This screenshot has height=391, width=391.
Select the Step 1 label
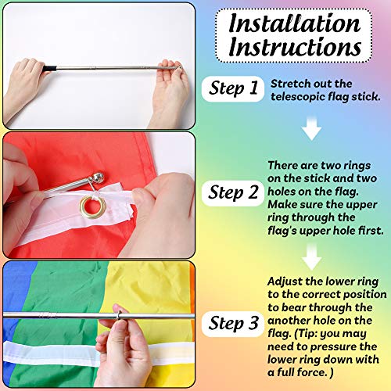tap(233, 89)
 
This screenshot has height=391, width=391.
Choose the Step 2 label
tap(233, 192)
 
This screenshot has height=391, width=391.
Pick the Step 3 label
tap(233, 321)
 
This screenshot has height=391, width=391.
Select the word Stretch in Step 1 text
tap(290, 83)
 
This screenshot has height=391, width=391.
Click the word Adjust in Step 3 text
tap(287, 280)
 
